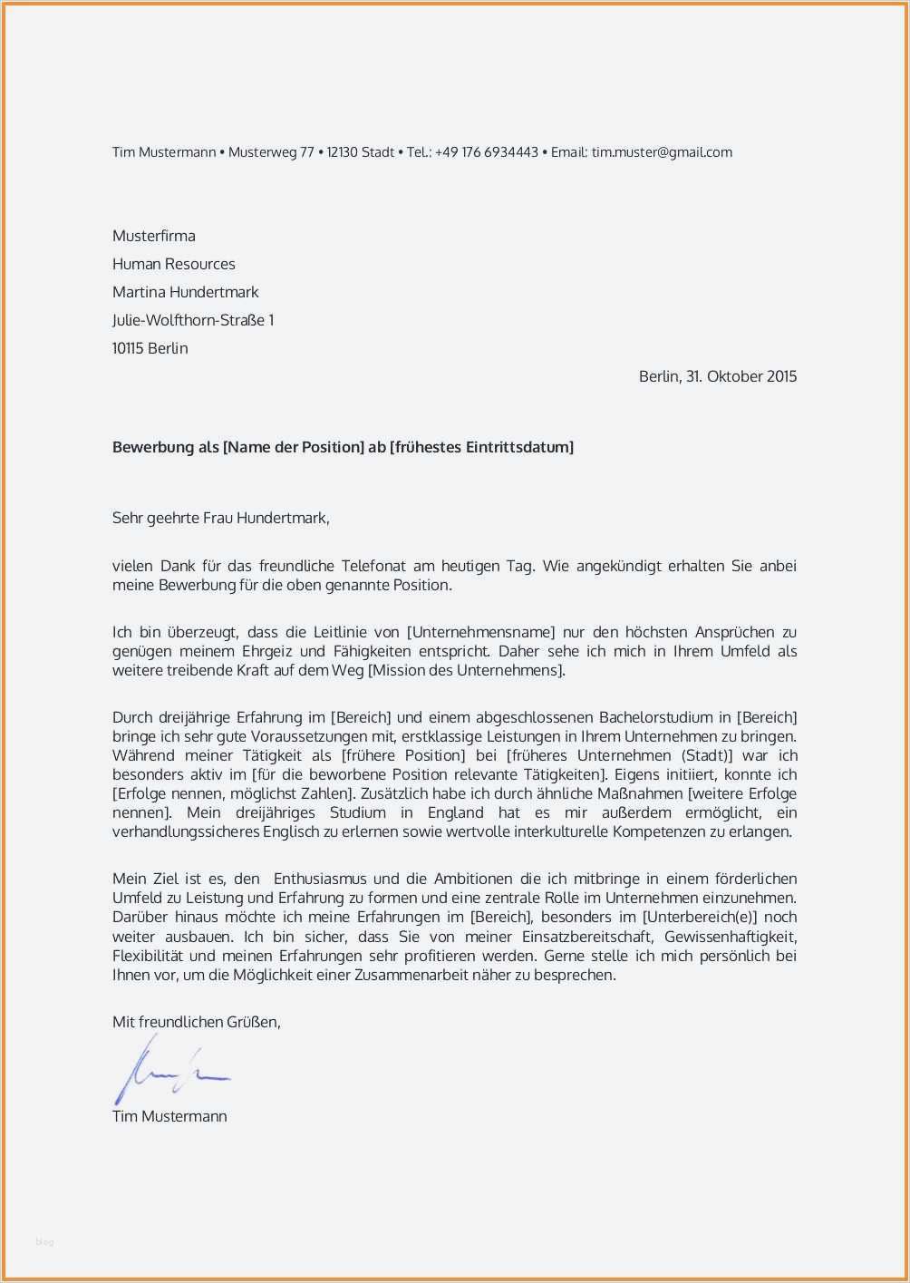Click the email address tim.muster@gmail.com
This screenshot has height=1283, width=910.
pos(662,152)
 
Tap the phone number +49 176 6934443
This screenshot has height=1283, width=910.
pos(486,152)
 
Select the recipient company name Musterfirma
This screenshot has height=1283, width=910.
pos(154,236)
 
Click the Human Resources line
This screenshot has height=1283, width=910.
pos(173,264)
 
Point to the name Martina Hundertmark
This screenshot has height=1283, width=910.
pos(185,292)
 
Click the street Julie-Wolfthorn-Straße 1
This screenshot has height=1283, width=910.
pos(193,320)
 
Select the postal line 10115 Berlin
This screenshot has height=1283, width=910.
pos(150,348)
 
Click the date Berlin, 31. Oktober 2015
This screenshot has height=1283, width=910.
pos(717,376)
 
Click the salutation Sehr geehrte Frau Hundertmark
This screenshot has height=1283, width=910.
pos(220,519)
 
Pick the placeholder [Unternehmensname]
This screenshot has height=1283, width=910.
pos(480,632)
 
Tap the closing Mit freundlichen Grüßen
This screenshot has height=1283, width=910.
pos(196,1022)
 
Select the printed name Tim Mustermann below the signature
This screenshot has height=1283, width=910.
pos(169,1116)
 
